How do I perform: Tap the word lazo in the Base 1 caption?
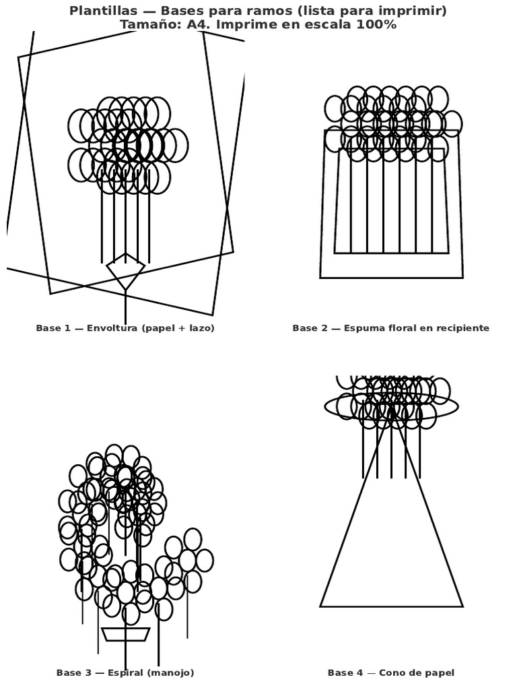click(199, 328)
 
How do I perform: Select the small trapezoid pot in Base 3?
click(125, 634)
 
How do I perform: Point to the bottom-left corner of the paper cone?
click(320, 606)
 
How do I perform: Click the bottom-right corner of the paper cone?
click(462, 606)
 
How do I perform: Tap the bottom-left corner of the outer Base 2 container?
click(320, 277)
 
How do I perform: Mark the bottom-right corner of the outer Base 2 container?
click(462, 277)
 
